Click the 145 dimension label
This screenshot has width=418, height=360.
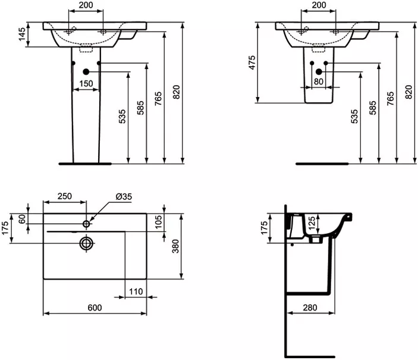[23, 34]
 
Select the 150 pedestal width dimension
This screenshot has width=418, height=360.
[86, 83]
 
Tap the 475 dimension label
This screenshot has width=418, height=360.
[252, 62]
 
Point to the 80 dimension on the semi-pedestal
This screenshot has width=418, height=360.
[319, 82]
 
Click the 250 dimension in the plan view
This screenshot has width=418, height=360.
[65, 196]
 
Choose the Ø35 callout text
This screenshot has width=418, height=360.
[124, 197]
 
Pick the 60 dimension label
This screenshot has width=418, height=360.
[23, 219]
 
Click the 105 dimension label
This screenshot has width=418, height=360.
[158, 222]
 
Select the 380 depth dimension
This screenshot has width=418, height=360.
[175, 246]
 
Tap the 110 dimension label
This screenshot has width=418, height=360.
[136, 292]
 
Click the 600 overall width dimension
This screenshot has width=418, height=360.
[95, 308]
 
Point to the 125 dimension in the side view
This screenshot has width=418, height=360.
[312, 224]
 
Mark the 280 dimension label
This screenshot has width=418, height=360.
[310, 308]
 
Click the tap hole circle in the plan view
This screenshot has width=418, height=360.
[86, 224]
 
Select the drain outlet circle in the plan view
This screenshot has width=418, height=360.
[86, 243]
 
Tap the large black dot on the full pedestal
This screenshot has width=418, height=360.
[86, 71]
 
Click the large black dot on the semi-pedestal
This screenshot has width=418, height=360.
[319, 71]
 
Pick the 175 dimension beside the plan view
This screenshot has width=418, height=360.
[5, 228]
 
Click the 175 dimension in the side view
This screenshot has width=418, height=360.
[264, 228]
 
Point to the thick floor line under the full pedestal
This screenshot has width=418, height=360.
[85, 164]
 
